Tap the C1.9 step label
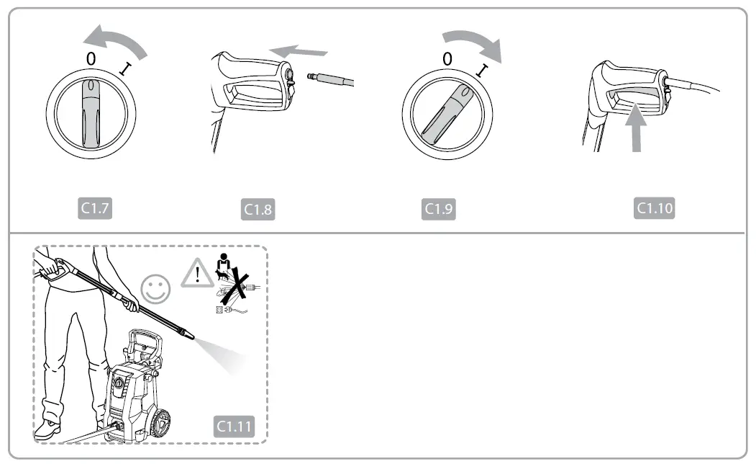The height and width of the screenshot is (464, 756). click(x=439, y=209)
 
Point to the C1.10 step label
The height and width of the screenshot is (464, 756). click(x=655, y=208)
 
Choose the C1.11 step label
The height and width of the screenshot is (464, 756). click(x=234, y=426)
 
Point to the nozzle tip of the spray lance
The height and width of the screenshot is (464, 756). click(x=188, y=336)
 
